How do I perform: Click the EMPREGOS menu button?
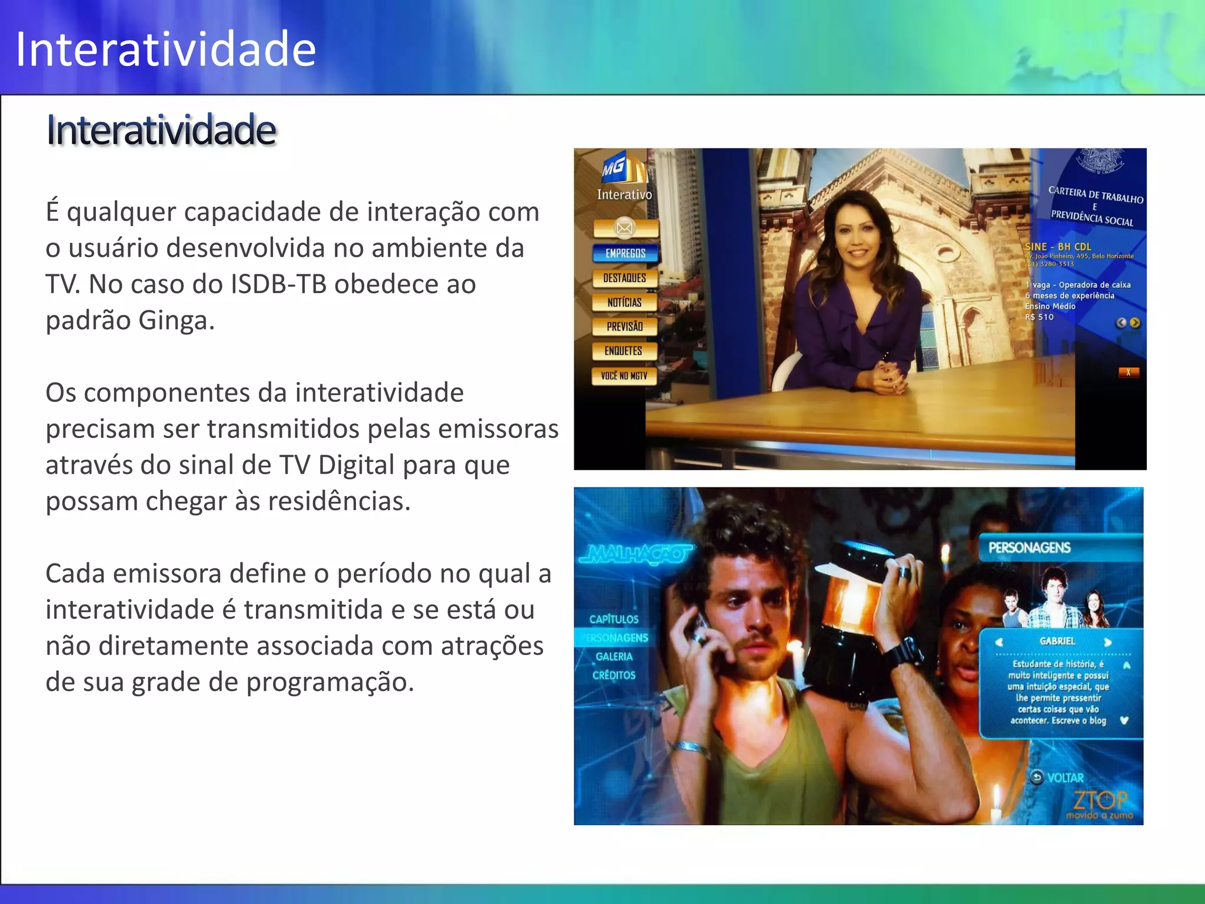625,253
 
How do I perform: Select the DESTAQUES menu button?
624,278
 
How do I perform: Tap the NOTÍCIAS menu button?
624,303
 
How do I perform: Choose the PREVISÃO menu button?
624,327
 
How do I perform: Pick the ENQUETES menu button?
624,351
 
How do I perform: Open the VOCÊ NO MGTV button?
624,376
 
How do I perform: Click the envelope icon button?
625,228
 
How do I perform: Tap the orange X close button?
1128,373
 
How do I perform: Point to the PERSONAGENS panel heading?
1029,548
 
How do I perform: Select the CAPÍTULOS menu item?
614,619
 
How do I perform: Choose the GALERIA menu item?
614,656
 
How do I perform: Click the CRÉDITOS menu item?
614,675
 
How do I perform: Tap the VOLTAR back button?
1058,778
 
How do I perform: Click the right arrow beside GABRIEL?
1108,642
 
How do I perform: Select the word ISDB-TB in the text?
278,284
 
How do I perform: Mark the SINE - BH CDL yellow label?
1058,247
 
